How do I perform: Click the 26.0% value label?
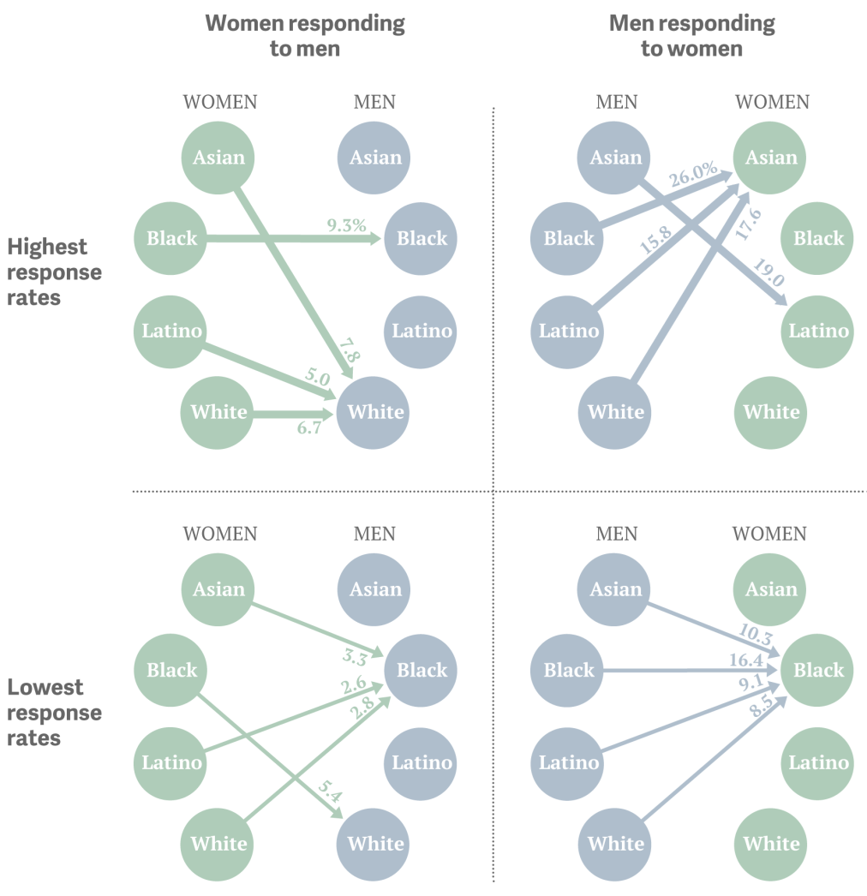(x=693, y=174)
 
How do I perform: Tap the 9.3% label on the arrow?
(x=346, y=225)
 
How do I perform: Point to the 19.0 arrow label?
(x=768, y=272)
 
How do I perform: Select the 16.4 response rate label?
(x=746, y=660)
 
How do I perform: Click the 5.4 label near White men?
(x=330, y=791)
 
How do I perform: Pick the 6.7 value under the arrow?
(x=308, y=427)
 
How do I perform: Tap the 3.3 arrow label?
(x=355, y=657)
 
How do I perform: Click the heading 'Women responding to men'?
(x=305, y=35)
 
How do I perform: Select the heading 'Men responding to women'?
(x=691, y=35)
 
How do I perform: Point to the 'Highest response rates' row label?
(x=54, y=272)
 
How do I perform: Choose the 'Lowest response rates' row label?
(x=54, y=712)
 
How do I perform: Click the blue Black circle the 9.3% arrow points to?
(x=420, y=238)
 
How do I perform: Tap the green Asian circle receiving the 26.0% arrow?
(x=769, y=158)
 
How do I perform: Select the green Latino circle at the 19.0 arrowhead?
(x=817, y=332)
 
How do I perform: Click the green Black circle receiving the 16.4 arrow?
(x=816, y=670)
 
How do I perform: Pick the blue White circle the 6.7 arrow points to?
(x=373, y=413)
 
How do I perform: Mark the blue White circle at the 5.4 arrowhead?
(x=373, y=844)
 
